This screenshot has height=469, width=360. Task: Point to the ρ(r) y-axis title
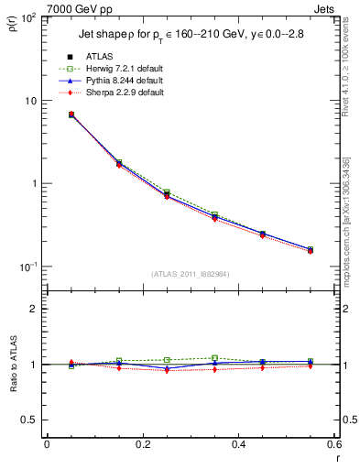click(x=13, y=24)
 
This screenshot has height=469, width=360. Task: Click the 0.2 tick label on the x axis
click(x=142, y=445)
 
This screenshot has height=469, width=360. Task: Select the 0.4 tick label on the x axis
click(x=238, y=445)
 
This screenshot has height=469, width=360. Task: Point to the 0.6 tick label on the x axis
click(x=333, y=445)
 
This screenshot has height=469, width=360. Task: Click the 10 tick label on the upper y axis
click(x=35, y=101)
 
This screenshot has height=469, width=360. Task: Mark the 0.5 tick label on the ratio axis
click(x=33, y=420)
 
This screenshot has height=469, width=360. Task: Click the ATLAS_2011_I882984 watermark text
click(x=191, y=274)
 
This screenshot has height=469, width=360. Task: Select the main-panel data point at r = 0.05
click(x=71, y=115)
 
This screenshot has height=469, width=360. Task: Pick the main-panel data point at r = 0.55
click(x=310, y=249)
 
